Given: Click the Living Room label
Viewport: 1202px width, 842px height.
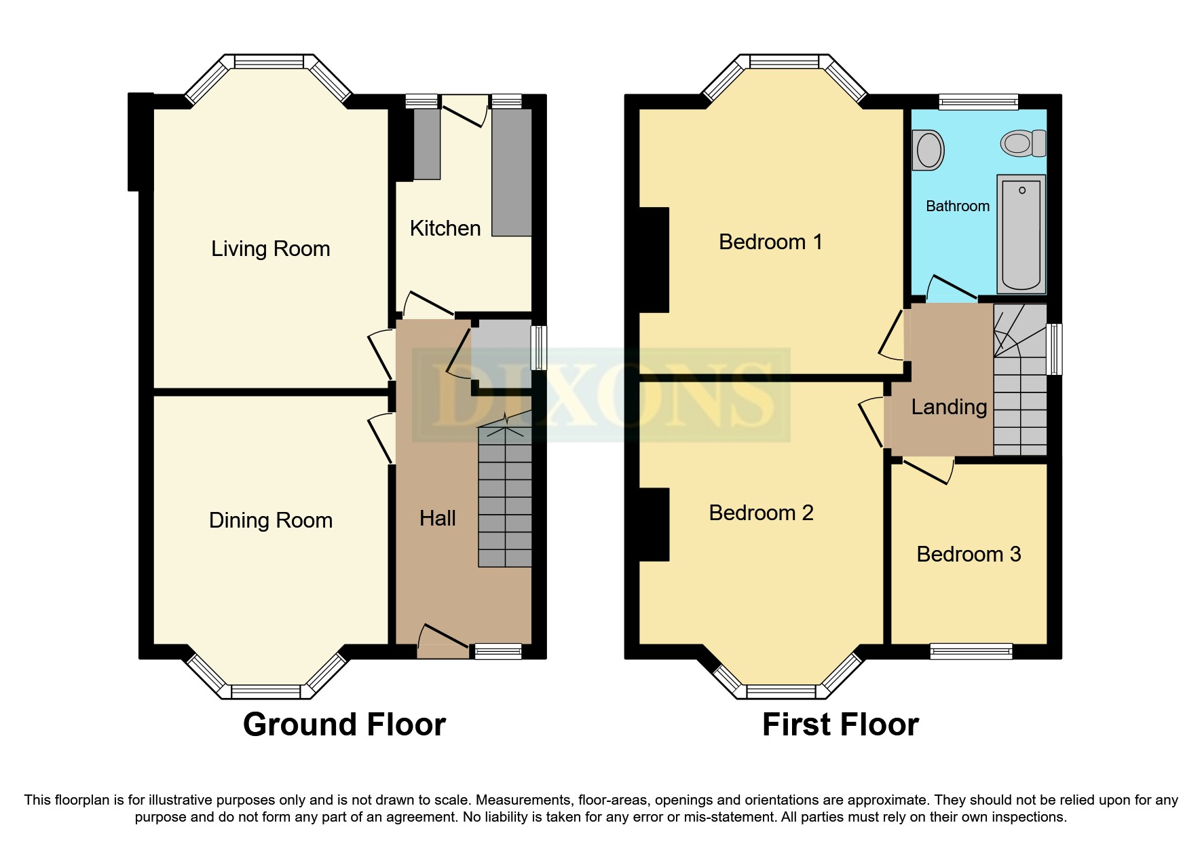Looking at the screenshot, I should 270,249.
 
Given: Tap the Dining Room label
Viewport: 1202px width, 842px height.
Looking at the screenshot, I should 270,520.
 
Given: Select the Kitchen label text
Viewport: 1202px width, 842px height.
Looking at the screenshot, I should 445,228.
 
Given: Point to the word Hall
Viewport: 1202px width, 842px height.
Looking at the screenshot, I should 437,518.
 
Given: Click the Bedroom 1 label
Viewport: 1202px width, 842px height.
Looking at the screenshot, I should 770,242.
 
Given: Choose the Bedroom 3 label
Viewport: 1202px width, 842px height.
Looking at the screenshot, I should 969,554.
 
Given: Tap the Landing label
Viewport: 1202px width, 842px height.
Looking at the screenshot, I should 949,407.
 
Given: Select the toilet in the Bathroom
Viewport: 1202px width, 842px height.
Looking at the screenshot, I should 1022,143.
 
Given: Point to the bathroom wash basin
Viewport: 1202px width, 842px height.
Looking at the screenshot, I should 928,150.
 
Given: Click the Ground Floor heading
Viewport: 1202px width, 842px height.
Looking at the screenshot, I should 344,725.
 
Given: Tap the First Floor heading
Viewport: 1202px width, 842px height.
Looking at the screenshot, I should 840,725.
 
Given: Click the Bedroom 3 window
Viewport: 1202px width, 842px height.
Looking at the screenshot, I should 971,651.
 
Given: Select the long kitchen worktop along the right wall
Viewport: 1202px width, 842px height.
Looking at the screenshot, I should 512,172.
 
